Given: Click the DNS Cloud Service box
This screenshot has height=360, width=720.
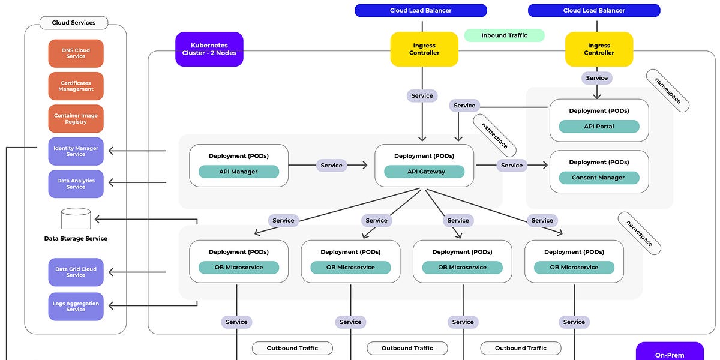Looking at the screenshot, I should pyautogui.click(x=76, y=53).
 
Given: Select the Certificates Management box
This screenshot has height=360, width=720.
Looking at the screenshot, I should pyautogui.click(x=76, y=86).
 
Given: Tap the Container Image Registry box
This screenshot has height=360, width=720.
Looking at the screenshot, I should pyautogui.click(x=76, y=119).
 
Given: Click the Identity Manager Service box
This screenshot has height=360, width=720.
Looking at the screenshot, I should pyautogui.click(x=76, y=151).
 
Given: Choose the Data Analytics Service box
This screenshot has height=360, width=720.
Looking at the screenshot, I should pyautogui.click(x=76, y=184).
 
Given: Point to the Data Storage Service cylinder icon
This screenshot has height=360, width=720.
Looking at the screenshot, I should pyautogui.click(x=76, y=218).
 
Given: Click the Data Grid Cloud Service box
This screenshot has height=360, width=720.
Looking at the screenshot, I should pyautogui.click(x=76, y=272).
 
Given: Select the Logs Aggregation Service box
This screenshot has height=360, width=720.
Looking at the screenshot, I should pyautogui.click(x=76, y=307).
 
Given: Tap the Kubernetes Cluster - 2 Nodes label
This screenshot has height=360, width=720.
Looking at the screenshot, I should pyautogui.click(x=209, y=49).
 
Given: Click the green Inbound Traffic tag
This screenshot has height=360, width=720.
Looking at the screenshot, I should pyautogui.click(x=504, y=35).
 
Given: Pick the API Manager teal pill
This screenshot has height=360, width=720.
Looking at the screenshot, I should pyautogui.click(x=238, y=172).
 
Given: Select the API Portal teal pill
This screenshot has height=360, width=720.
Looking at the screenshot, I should pyautogui.click(x=599, y=127).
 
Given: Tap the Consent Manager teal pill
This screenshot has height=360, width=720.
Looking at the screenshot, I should pyautogui.click(x=599, y=178).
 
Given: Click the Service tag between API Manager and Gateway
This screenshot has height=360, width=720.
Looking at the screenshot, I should pyautogui.click(x=331, y=165).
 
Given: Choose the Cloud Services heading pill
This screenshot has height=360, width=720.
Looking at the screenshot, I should pyautogui.click(x=74, y=23).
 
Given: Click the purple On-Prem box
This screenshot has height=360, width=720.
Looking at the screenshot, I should pyautogui.click(x=669, y=352).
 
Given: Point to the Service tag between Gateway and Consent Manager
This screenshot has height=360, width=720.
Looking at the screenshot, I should pyautogui.click(x=511, y=165).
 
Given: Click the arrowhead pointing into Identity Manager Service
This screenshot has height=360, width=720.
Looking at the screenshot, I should pyautogui.click(x=111, y=151).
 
